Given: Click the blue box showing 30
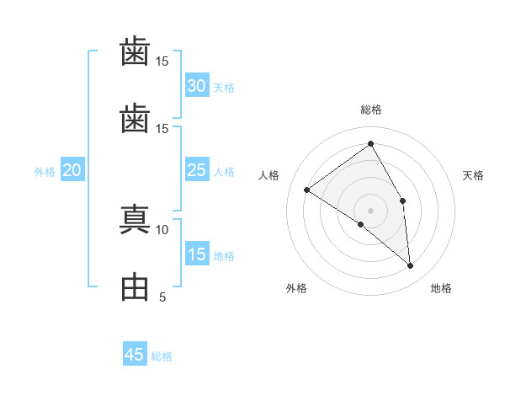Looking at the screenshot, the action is (x=197, y=85).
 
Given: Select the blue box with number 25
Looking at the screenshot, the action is (x=197, y=169).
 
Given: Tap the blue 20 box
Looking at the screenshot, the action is (x=72, y=169).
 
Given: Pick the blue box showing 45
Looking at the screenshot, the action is (x=135, y=353).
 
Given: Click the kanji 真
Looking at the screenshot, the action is (x=135, y=219).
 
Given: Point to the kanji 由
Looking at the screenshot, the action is (x=135, y=286).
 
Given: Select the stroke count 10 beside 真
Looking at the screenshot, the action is (x=162, y=230).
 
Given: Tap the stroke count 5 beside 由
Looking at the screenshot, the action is (x=162, y=297).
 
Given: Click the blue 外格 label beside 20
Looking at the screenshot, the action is (x=45, y=172).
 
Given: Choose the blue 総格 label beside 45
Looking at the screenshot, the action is (x=162, y=356).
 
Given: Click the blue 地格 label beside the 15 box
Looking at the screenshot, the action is (x=224, y=256).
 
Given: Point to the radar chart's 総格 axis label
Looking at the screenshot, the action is (x=371, y=110).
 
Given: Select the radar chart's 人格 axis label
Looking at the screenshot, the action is (x=268, y=175).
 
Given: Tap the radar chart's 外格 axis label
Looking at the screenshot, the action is (x=296, y=288).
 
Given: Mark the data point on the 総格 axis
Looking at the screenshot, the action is (x=370, y=143).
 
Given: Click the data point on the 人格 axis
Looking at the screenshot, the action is (x=307, y=190).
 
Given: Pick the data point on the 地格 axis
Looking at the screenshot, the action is (x=410, y=265).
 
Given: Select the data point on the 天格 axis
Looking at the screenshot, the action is (x=402, y=201).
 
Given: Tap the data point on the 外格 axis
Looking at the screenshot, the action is (x=361, y=224).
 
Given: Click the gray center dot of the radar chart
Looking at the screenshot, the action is (x=370, y=211).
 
